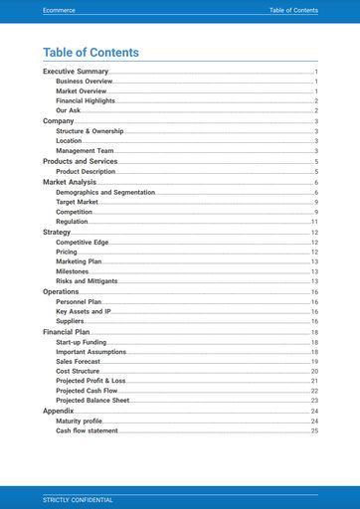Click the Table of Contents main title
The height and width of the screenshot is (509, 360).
click(x=90, y=53)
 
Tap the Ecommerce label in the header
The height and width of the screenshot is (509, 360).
click(x=61, y=10)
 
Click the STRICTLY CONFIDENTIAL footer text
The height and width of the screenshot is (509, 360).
click(x=78, y=499)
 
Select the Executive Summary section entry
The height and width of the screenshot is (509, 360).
click(x=76, y=73)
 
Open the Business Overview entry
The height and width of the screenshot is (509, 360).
click(x=84, y=82)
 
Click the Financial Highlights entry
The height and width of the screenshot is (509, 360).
click(x=86, y=101)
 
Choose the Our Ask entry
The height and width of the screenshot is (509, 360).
click(x=68, y=110)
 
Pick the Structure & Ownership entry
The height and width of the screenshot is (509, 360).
click(x=90, y=131)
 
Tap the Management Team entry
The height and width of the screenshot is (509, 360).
click(x=85, y=151)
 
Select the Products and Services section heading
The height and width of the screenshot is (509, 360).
click(x=80, y=161)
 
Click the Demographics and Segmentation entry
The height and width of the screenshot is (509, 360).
click(x=104, y=192)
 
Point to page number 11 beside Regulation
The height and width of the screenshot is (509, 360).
click(x=314, y=222)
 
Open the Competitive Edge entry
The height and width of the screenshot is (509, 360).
click(x=82, y=243)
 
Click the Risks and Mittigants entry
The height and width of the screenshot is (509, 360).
click(x=87, y=282)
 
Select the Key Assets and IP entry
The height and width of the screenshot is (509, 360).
click(x=83, y=312)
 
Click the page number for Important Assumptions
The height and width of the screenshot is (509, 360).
click(x=314, y=352)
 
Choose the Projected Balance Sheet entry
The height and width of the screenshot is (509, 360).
click(x=92, y=401)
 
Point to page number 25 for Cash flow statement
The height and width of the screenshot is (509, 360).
click(x=314, y=431)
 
